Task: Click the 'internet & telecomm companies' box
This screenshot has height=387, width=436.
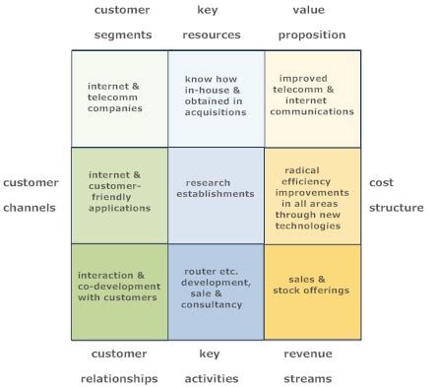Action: [x=120, y=98]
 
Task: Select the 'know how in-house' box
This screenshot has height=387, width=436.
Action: [x=216, y=98]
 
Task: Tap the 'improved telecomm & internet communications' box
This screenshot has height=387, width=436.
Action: [x=312, y=98]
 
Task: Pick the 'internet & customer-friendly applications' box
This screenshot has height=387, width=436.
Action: [x=120, y=195]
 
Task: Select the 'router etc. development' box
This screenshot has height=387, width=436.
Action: [x=216, y=291]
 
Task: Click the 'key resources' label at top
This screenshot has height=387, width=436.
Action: [x=211, y=21]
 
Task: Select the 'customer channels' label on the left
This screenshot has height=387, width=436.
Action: [x=31, y=195]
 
